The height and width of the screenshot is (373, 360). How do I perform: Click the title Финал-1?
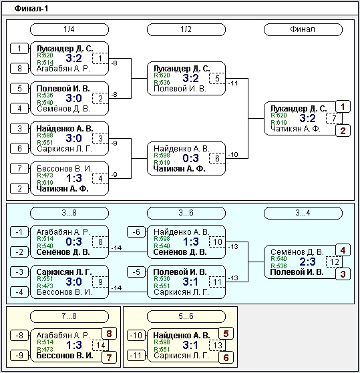click(31, 9)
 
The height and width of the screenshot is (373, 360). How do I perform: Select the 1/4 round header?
click(69, 29)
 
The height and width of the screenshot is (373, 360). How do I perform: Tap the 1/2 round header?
click(186, 29)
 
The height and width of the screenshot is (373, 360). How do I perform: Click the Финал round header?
click(303, 29)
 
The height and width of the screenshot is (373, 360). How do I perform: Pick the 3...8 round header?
click(69, 213)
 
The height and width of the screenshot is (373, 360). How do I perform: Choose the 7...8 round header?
click(69, 316)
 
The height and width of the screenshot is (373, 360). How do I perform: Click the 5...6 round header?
click(186, 316)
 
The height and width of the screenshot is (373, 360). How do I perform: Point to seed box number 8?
click(19, 69)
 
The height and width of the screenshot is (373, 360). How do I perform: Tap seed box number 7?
click(19, 169)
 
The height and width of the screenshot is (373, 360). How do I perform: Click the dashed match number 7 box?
click(334, 118)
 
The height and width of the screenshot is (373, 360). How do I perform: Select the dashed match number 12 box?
click(334, 262)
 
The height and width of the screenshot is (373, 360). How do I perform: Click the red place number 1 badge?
click(343, 107)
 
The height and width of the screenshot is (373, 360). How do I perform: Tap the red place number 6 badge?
click(226, 357)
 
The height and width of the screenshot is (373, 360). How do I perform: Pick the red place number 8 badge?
click(109, 334)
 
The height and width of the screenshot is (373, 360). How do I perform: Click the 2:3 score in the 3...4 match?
click(307, 262)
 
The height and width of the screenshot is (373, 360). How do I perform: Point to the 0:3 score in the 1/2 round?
click(191, 158)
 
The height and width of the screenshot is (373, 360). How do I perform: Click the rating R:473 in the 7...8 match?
click(45, 349)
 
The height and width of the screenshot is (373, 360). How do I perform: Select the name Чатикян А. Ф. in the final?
click(295, 129)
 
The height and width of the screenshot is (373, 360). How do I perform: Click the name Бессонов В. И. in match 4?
click(64, 169)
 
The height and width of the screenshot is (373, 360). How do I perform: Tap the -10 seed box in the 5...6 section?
click(136, 336)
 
